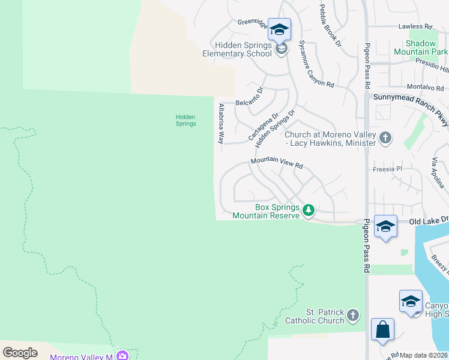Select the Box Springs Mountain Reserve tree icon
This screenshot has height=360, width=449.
pos(309,210)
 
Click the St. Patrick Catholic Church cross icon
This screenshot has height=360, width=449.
pos(354,314)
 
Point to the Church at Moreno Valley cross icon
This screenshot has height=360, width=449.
pos(385,139)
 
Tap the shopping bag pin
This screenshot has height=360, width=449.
pos(382,330)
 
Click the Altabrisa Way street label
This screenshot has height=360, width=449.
pos(221,124)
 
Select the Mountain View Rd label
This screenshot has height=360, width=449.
pos(277,163)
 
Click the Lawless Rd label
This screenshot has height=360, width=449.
pos(415,27)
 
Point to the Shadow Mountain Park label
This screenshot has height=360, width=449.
pos(426,48)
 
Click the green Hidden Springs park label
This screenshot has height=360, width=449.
pos(185,120)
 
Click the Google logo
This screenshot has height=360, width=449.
pos(20,352)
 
